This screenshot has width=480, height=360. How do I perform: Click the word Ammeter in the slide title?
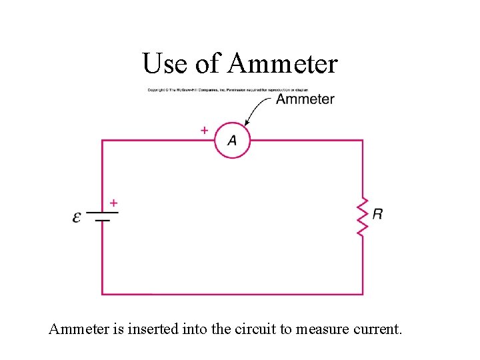pyautogui.click(x=283, y=64)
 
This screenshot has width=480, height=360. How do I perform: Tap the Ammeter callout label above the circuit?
pyautogui.click(x=305, y=99)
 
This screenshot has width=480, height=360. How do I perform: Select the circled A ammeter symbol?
pyautogui.click(x=231, y=140)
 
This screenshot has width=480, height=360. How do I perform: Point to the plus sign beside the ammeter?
pyautogui.click(x=203, y=131)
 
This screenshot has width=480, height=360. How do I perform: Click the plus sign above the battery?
pyautogui.click(x=113, y=202)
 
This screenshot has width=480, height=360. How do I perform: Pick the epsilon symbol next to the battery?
pyautogui.click(x=77, y=217)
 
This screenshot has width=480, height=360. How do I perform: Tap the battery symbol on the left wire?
pyautogui.click(x=101, y=216)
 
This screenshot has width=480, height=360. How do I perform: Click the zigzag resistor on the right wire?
pyautogui.click(x=363, y=215)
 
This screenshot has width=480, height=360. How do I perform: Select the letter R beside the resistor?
pyautogui.click(x=377, y=214)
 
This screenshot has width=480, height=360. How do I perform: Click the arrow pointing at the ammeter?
pyautogui.click(x=257, y=111)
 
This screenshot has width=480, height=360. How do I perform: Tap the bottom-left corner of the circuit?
pyautogui.click(x=102, y=294)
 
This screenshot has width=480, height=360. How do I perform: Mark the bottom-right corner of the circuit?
pyautogui.click(x=363, y=294)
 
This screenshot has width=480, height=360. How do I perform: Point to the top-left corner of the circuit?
pyautogui.click(x=102, y=140)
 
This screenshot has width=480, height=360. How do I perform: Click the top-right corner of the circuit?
pyautogui.click(x=363, y=140)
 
